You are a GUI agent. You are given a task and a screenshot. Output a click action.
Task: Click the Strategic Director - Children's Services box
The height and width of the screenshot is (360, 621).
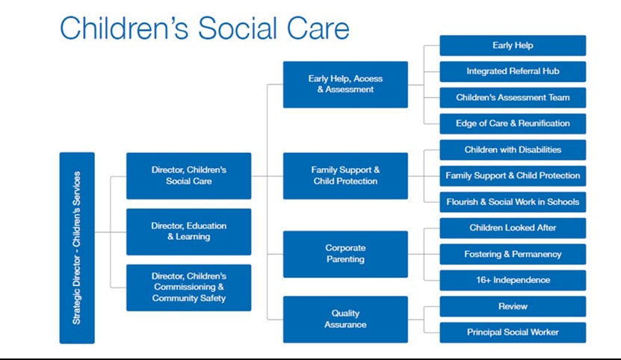77,247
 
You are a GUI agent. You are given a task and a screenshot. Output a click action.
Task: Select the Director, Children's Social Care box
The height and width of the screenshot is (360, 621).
188,176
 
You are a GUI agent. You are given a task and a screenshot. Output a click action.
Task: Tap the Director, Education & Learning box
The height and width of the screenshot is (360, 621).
188,232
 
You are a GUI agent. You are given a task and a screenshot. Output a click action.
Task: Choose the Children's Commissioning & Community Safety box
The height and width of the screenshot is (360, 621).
188,288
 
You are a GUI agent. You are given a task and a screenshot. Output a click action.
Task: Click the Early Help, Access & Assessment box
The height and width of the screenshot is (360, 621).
345,84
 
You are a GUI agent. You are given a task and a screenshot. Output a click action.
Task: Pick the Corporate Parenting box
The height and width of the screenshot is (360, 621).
345,254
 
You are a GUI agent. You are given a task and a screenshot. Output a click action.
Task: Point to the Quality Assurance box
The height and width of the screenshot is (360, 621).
345,319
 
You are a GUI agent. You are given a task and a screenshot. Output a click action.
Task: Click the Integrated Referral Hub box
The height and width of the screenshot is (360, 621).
513,71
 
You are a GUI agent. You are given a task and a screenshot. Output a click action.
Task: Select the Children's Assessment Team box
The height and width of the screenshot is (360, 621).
513,97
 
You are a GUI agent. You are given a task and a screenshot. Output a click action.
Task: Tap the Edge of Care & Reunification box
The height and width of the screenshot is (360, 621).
513,123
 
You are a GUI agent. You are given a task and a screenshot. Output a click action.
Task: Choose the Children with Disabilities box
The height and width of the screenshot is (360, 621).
513,149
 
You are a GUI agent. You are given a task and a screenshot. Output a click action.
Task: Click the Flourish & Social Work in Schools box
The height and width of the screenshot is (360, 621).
513,202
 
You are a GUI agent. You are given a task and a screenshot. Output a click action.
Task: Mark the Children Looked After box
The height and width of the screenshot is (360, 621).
513,228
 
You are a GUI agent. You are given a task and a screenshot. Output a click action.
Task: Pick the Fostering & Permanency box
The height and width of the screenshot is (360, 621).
513,254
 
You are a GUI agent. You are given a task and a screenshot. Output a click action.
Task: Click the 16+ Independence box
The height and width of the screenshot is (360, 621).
513,280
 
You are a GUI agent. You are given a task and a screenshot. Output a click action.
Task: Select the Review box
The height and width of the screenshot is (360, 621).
513,306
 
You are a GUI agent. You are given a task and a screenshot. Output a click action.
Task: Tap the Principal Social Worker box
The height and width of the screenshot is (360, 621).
513,332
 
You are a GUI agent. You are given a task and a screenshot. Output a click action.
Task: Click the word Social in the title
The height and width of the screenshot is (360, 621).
237,28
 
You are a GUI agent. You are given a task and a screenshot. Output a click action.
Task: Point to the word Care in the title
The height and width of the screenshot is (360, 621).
318,28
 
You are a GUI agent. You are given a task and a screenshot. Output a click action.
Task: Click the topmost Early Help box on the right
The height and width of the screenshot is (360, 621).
513,45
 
